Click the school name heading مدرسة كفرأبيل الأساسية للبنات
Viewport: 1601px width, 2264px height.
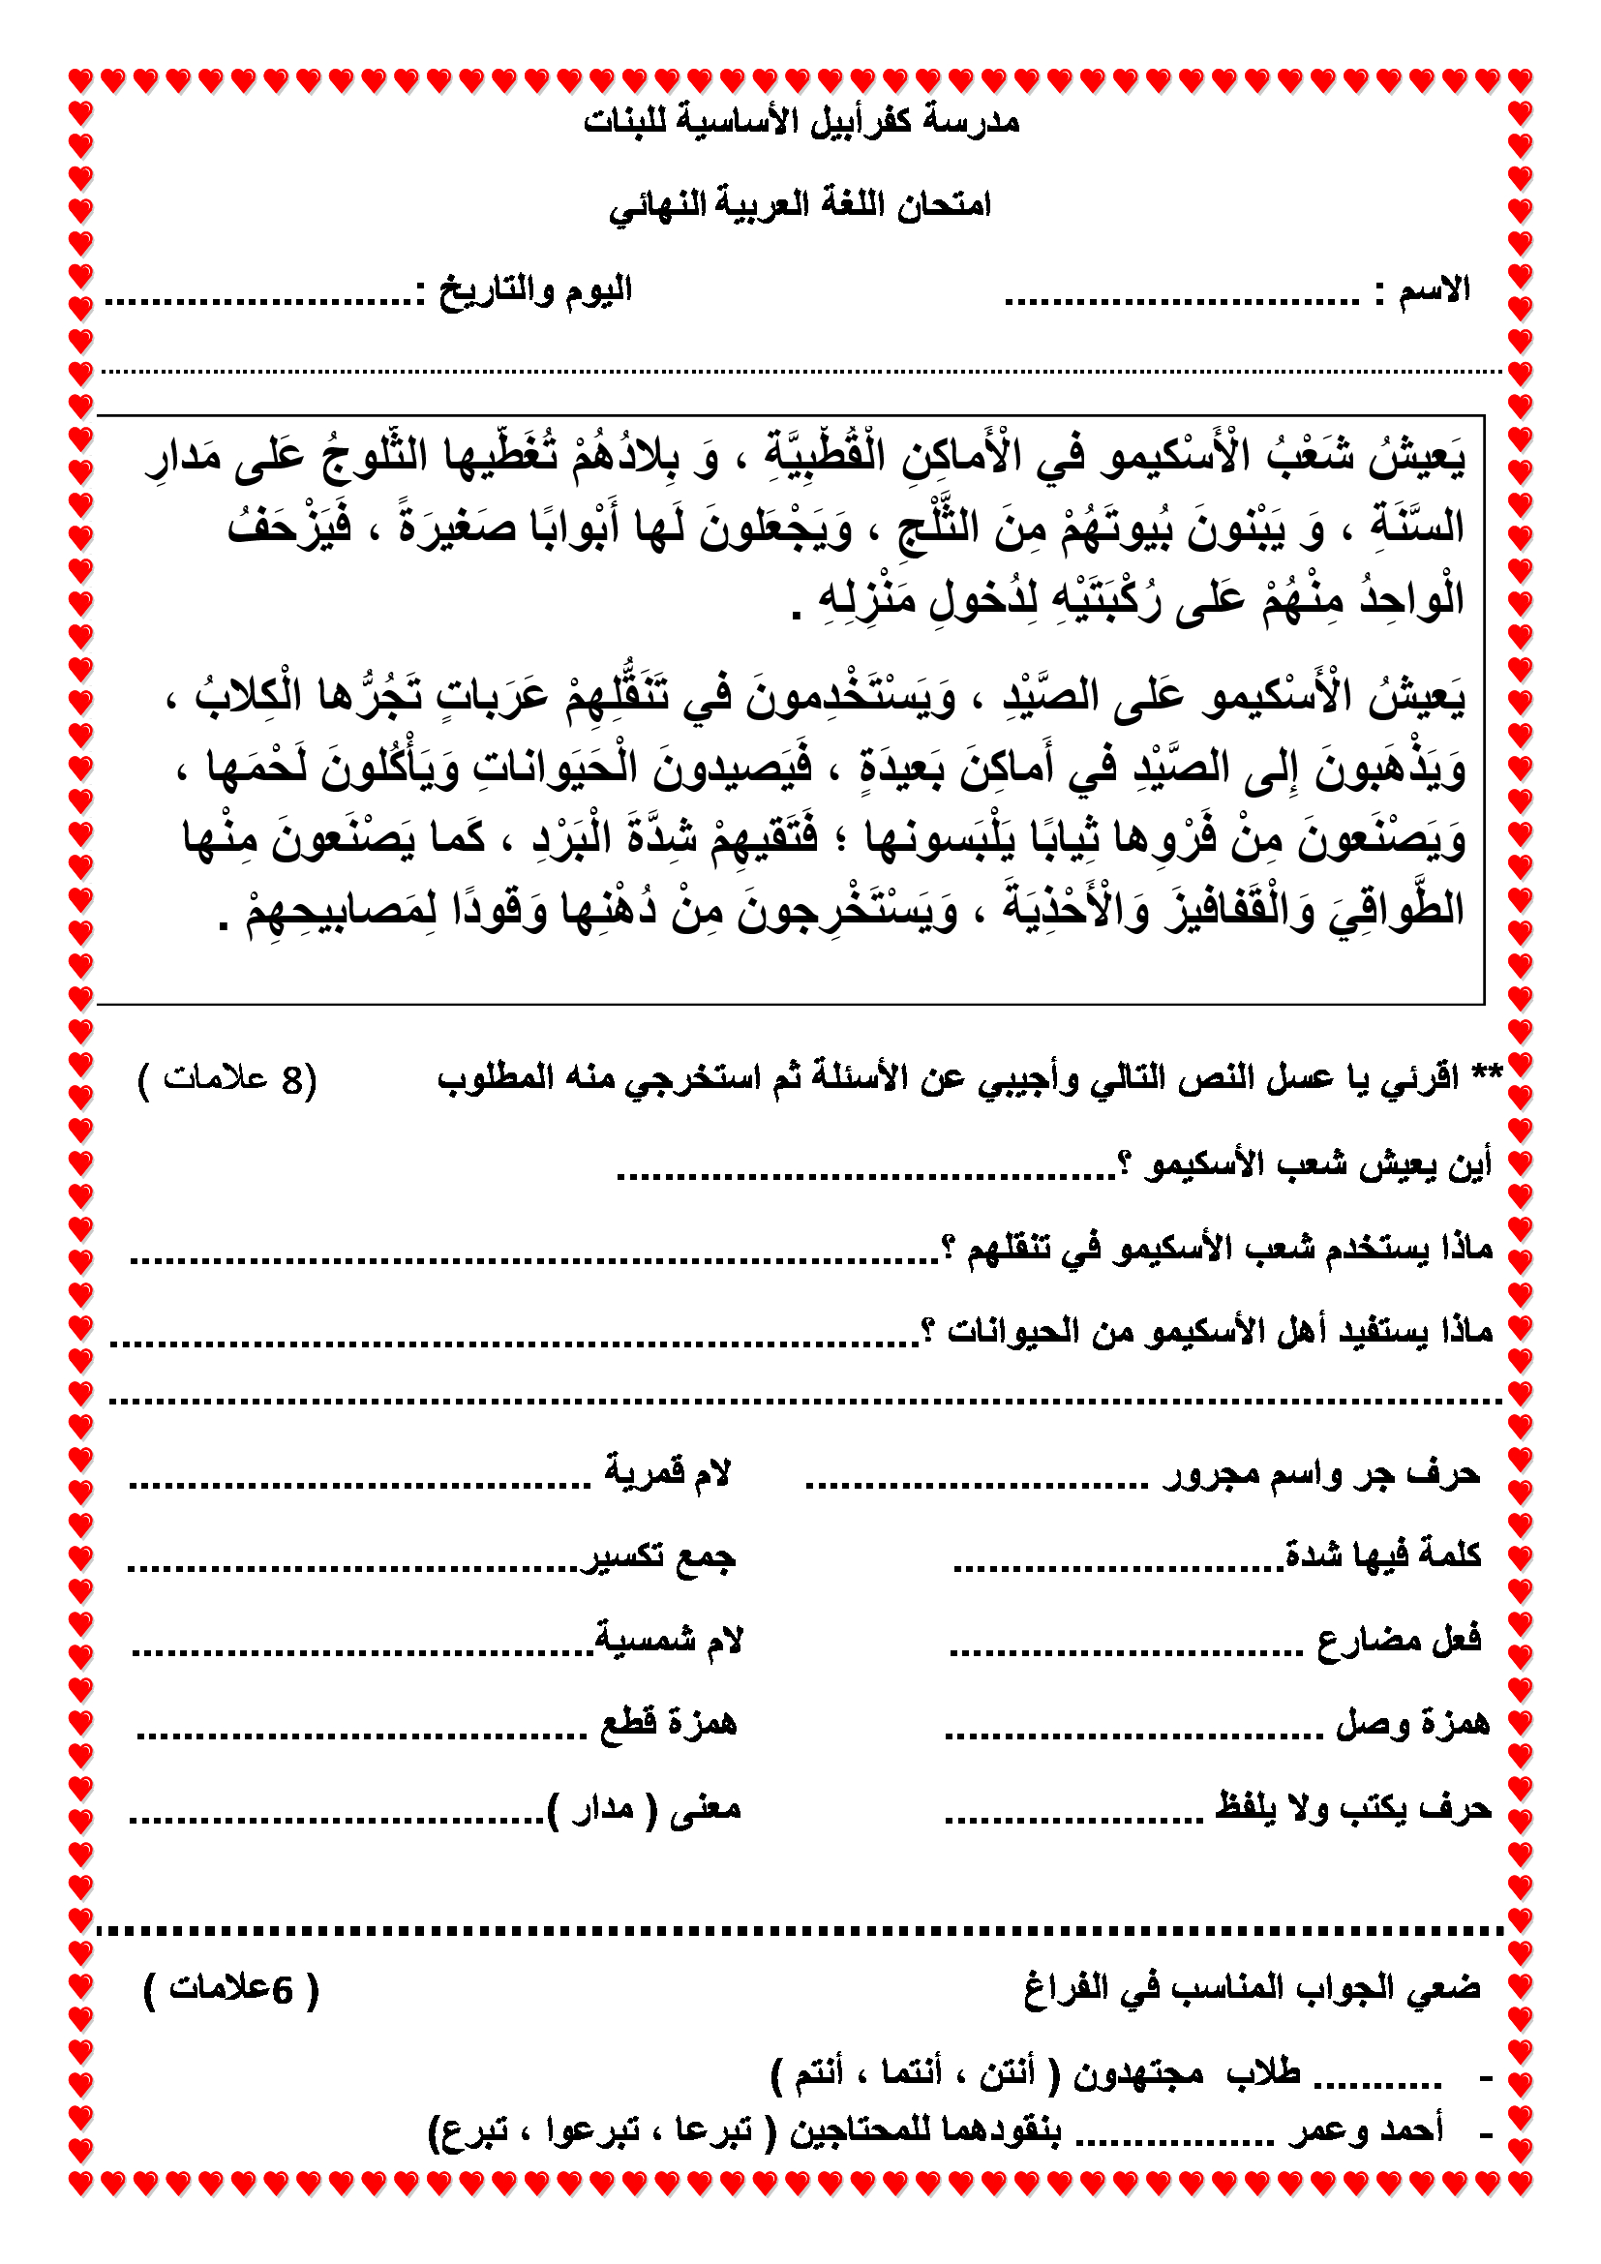coord(800,121)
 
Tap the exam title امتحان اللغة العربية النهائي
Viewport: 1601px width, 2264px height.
coord(800,205)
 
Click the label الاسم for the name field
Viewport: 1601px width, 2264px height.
coord(1434,290)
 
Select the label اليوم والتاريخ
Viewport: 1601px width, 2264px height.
coord(535,290)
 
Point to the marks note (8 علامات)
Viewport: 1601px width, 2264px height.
coord(227,1080)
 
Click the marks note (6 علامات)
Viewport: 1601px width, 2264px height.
coord(231,1989)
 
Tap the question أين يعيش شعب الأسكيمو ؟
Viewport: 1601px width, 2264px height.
coord(1306,1164)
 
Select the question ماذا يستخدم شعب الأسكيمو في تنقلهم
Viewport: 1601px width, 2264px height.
coord(1218,1250)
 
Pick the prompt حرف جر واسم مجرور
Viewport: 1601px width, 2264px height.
coord(1321,1474)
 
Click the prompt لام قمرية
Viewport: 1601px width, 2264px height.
coord(668,1474)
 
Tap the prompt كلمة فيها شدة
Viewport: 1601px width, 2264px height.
coord(1383,1556)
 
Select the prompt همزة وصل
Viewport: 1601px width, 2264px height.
coord(1411,1724)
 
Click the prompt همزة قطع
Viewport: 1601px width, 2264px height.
coord(669,1724)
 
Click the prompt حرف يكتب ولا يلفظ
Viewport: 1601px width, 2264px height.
coord(1352,1807)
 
